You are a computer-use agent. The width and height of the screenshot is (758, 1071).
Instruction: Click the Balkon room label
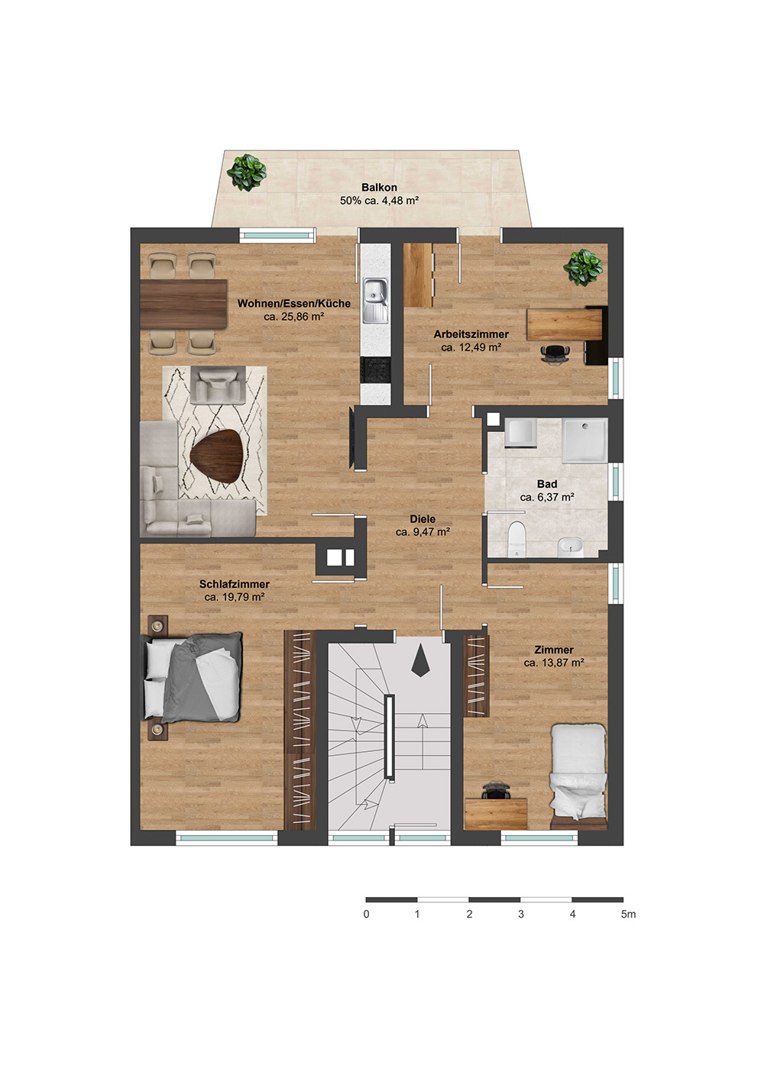pyautogui.click(x=379, y=188)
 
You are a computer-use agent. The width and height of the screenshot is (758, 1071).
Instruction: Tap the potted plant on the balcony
pyautogui.click(x=247, y=172)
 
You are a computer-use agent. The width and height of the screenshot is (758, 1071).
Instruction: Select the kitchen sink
pyautogui.click(x=376, y=300)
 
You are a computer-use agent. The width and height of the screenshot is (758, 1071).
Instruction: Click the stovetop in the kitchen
pyautogui.click(x=376, y=370)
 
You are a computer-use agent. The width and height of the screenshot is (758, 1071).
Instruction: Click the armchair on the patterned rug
pyautogui.click(x=219, y=385)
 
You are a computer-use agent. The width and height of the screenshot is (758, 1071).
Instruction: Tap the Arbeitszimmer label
pyautogui.click(x=471, y=334)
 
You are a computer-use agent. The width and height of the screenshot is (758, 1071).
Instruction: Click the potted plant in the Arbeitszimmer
pyautogui.click(x=583, y=267)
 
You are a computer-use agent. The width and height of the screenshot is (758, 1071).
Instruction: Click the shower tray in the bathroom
pyautogui.click(x=585, y=440)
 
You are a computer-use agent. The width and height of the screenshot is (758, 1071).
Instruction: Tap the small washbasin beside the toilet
pyautogui.click(x=571, y=547)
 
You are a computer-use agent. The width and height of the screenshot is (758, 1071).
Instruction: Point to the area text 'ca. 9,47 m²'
pyautogui.click(x=423, y=531)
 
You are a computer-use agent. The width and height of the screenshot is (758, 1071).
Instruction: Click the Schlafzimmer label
pyautogui.click(x=235, y=584)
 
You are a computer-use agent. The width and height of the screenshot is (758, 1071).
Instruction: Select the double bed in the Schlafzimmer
pyautogui.click(x=193, y=678)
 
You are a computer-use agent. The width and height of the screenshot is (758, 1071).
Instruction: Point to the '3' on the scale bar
pyautogui.click(x=520, y=915)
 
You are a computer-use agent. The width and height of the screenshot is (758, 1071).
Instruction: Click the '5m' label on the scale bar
pyautogui.click(x=628, y=915)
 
